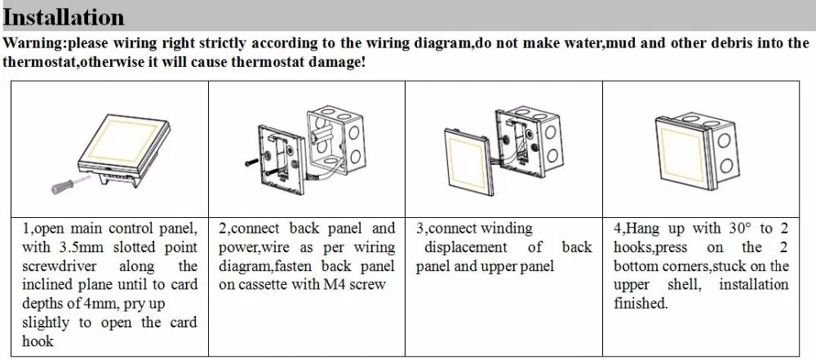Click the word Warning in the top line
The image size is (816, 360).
tap(30, 43)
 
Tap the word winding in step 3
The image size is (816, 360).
tap(506, 229)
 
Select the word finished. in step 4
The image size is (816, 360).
tap(641, 304)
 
